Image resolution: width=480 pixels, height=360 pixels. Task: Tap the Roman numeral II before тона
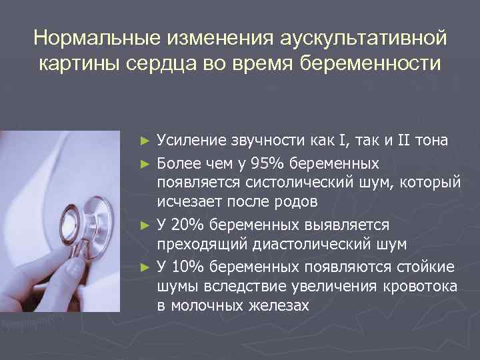click(x=406, y=140)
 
